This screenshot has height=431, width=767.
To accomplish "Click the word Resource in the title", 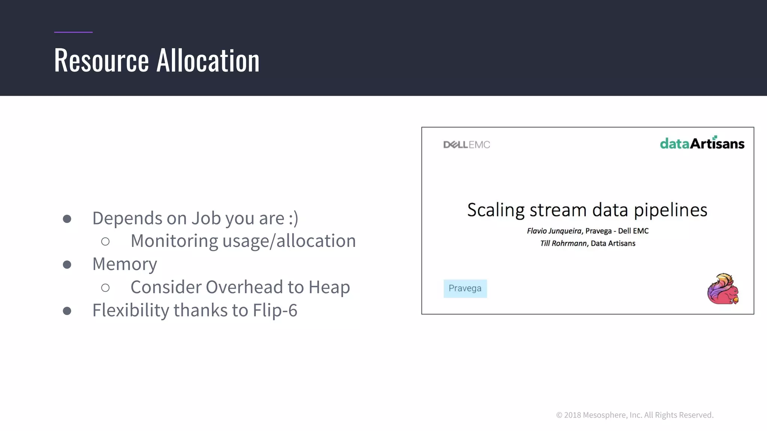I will point(101,60).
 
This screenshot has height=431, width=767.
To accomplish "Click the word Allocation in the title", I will point(208,60).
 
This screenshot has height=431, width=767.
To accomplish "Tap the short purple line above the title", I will point(73,32).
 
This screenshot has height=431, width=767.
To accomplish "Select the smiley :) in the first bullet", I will point(294,218).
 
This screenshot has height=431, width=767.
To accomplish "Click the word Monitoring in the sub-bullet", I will point(174,241).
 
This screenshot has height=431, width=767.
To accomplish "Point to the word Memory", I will point(125,264).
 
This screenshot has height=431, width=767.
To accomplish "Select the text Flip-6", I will point(275,310).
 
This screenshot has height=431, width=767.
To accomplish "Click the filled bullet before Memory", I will point(67,265).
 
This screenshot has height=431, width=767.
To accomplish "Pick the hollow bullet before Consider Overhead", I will point(105,288).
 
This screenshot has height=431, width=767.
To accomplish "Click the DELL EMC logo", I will point(467,145).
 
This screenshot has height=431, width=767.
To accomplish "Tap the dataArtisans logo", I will point(702,143).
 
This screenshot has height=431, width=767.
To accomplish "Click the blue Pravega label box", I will point(465,288).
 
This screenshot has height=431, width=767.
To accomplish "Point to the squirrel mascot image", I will point(723,289).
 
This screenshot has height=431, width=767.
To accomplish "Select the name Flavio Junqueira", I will point(554,231).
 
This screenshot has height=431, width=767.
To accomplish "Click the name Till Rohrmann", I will point(563,244).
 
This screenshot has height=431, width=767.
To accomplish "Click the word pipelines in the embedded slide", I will point(670,210).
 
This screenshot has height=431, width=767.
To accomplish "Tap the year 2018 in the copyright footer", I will point(573,415).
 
